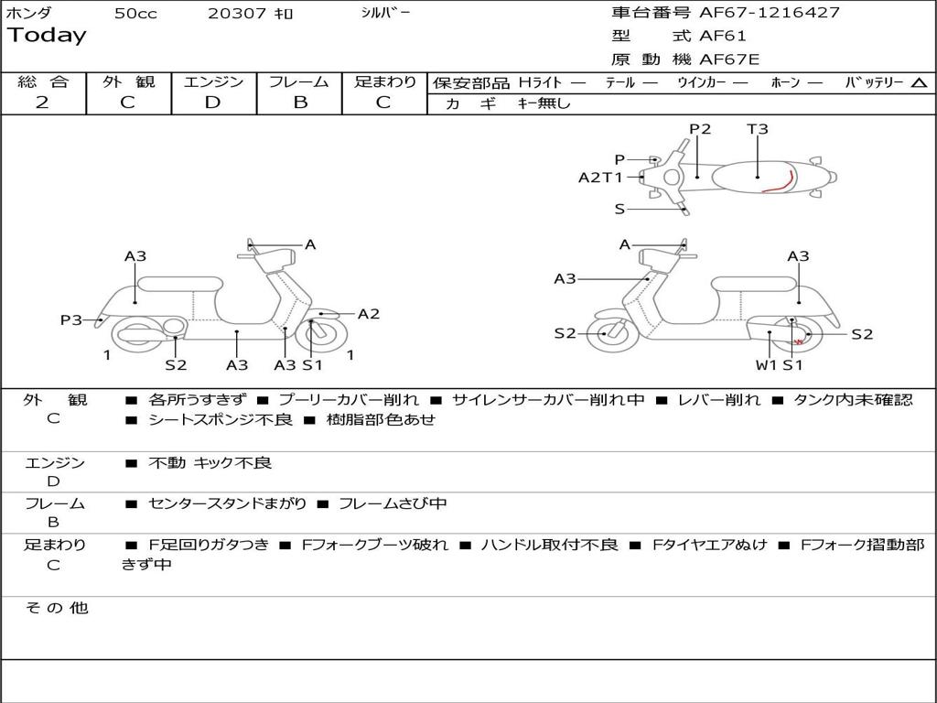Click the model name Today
pyautogui.click(x=47, y=36)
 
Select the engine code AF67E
pyautogui.click(x=729, y=60)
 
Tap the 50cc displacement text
pyautogui.click(x=135, y=14)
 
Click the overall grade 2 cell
pyautogui.click(x=42, y=103)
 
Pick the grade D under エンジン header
pyautogui.click(x=212, y=103)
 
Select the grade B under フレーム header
pyautogui.click(x=300, y=103)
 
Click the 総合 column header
pyautogui.click(x=43, y=81)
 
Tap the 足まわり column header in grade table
pyautogui.click(x=385, y=81)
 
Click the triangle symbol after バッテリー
pyautogui.click(x=919, y=83)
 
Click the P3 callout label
pyautogui.click(x=71, y=319)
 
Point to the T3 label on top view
pyautogui.click(x=758, y=129)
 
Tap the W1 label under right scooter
pyautogui.click(x=766, y=365)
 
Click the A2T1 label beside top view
pyautogui.click(x=600, y=178)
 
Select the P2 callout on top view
pyautogui.click(x=700, y=129)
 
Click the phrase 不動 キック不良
pyautogui.click(x=210, y=463)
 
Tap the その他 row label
pyautogui.click(x=56, y=608)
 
